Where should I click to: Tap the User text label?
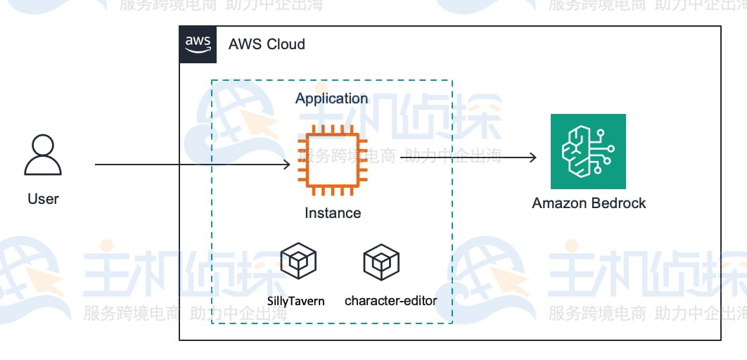(43, 199)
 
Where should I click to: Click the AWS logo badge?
(198, 44)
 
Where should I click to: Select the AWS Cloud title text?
(267, 44)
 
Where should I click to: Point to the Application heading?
(331, 98)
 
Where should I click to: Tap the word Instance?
(333, 213)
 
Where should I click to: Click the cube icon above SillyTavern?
(298, 262)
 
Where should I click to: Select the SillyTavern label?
(296, 301)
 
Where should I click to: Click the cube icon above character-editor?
(381, 262)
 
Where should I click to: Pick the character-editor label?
(390, 301)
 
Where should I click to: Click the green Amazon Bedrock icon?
(587, 153)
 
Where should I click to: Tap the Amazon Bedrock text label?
(589, 204)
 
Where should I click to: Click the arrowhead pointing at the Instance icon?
(286, 165)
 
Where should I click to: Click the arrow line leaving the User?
(141, 165)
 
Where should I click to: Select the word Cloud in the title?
(287, 44)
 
